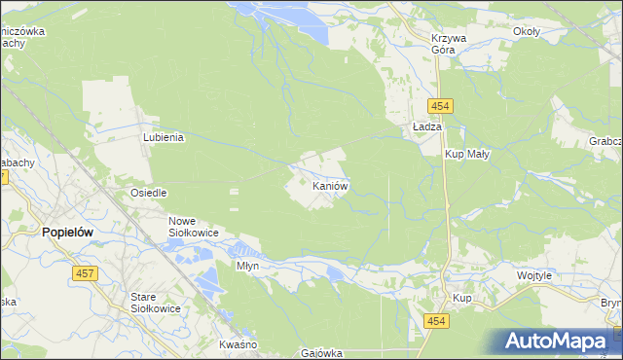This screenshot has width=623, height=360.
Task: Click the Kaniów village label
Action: click(331, 185)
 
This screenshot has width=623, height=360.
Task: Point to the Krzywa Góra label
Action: click(450, 44)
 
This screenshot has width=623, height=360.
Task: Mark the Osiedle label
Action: click(149, 193)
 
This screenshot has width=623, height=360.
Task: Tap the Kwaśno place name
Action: click(238, 345)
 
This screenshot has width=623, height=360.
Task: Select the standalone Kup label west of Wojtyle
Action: click(462, 298)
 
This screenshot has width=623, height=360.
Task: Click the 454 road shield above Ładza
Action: click(436, 105)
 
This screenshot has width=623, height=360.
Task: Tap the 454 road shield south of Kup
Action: click(434, 321)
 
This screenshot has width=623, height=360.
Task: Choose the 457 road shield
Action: click(84, 274)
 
